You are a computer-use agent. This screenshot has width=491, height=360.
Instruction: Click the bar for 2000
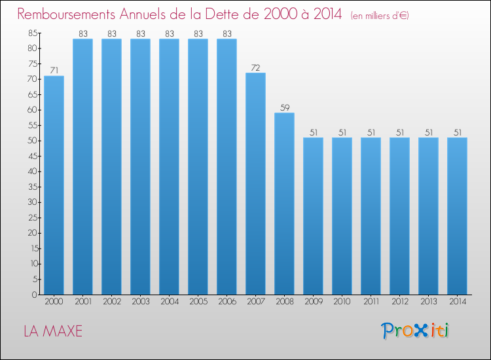click(54, 185)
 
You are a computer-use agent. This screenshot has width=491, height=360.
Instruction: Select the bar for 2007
click(255, 183)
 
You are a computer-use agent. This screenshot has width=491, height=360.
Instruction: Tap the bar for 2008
click(284, 204)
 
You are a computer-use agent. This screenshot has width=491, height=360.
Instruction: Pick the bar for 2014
click(457, 216)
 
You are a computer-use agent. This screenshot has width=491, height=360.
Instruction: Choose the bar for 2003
click(140, 167)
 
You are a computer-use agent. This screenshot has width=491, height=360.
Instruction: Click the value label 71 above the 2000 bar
click(54, 70)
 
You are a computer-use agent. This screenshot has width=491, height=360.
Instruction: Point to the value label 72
click(255, 67)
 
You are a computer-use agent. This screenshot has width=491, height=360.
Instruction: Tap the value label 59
click(284, 107)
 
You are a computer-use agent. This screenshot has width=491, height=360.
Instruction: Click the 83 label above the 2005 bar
click(198, 33)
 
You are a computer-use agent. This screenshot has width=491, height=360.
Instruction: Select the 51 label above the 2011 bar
click(371, 132)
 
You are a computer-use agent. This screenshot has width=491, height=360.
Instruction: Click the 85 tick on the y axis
click(32, 33)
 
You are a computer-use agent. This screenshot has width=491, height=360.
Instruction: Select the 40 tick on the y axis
click(32, 171)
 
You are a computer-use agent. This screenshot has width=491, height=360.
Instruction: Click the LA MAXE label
click(53, 331)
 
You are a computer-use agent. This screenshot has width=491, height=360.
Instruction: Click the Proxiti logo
click(415, 331)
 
